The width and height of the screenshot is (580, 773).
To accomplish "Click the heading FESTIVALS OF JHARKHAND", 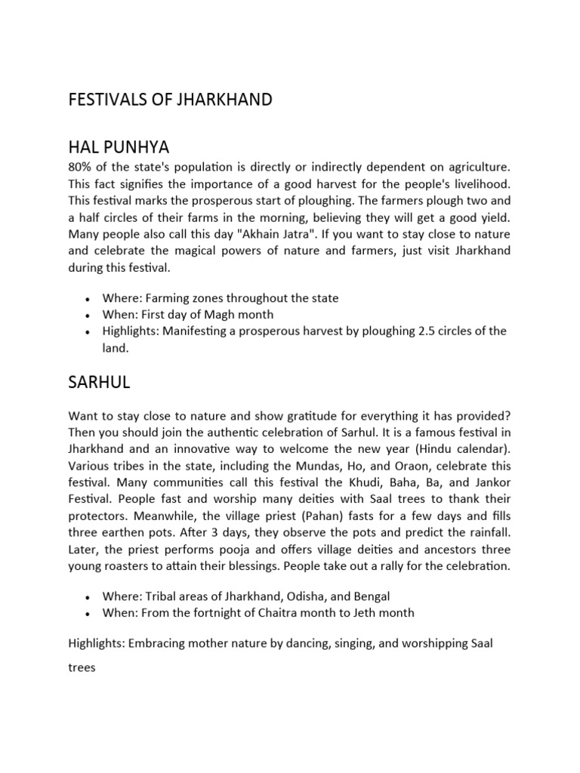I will click(170, 100).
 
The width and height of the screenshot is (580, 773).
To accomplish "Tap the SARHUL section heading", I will click(99, 383).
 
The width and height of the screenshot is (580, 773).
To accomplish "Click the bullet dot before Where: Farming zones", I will click(88, 299).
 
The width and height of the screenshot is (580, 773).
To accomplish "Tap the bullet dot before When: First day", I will click(88, 315).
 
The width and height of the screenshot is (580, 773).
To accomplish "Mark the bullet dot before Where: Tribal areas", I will click(88, 596).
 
